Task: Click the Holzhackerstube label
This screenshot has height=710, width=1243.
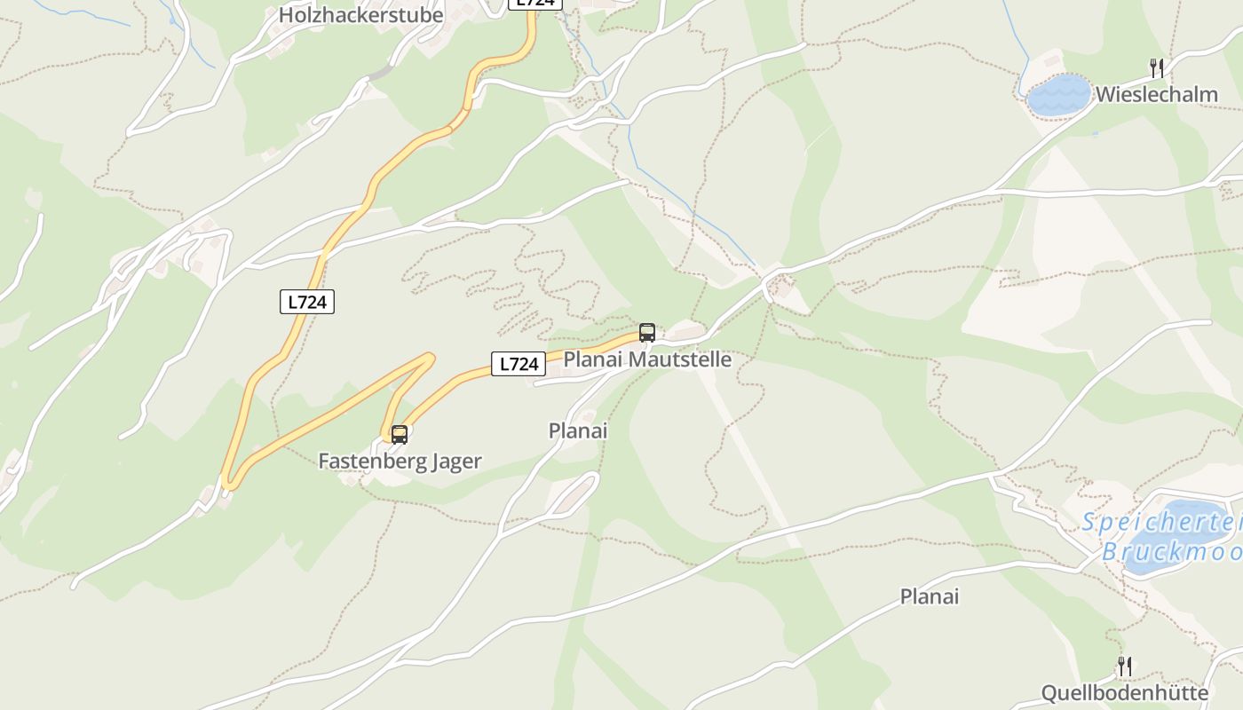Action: coord(360,15)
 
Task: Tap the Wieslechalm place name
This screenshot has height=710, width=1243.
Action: coord(1156,95)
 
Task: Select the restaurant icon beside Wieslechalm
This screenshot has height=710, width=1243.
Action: coord(1156,67)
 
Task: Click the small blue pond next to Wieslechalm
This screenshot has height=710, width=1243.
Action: coord(1058,94)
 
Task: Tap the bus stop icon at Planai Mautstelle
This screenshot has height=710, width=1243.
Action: coord(647,333)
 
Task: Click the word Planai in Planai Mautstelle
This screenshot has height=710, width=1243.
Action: coord(593,359)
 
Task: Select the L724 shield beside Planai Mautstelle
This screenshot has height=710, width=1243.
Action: coord(519,364)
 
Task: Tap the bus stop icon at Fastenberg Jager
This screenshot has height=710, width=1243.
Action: coord(400,434)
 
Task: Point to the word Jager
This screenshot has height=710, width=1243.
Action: coord(455,461)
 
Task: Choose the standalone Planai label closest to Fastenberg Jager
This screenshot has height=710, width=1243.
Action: coord(578,430)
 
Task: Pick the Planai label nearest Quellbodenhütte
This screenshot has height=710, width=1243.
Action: coord(930,596)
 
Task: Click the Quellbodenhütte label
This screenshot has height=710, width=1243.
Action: coord(1124,693)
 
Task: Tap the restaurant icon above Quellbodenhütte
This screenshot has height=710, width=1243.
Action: coord(1124,666)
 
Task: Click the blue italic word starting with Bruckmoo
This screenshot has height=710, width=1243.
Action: coord(1172,552)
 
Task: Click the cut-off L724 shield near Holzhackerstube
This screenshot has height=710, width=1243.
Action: coord(534,4)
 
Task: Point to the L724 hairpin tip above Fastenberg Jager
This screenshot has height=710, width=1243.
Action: coord(430,358)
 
